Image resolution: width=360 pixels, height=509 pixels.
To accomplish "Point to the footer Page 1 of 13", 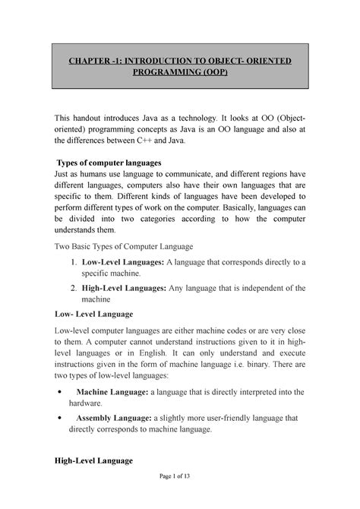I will tap(180, 500).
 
